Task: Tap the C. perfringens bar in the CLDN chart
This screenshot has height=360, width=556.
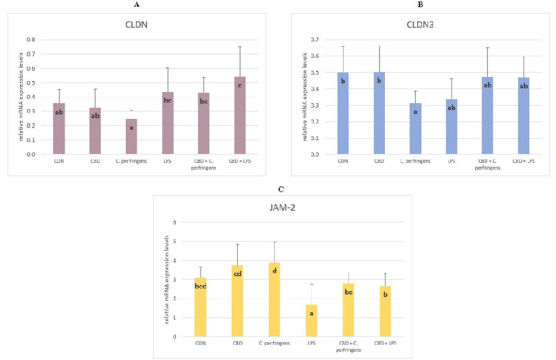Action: (131, 137)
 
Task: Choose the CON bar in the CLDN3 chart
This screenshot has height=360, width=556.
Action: (342, 113)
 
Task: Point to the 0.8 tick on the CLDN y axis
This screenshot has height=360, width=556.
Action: (30, 39)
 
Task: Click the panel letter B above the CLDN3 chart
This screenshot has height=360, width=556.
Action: (420, 4)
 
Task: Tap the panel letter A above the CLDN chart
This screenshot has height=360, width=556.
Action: (136, 4)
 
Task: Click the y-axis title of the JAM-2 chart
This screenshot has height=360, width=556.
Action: (167, 280)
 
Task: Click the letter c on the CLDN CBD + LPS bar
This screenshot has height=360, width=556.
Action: (240, 86)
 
